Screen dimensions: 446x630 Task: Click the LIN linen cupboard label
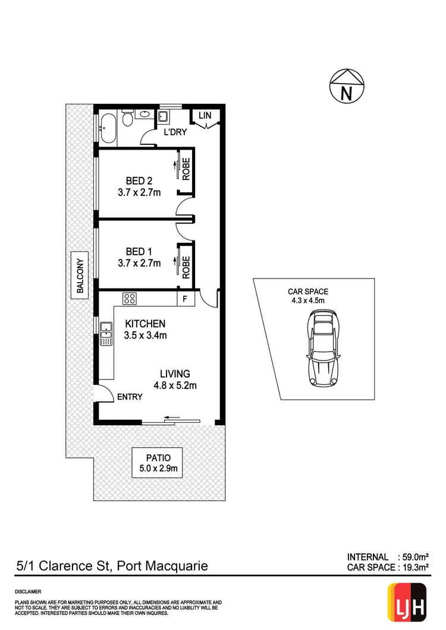click(x=205, y=116)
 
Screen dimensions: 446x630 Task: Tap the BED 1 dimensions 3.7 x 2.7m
click(x=139, y=263)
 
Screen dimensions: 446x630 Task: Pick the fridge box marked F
click(x=185, y=299)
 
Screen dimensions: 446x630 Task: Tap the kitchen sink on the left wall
click(x=106, y=334)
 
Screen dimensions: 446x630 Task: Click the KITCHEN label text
click(x=145, y=324)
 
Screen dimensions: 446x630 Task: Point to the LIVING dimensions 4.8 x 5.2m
click(x=175, y=385)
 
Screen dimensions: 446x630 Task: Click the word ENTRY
click(x=130, y=397)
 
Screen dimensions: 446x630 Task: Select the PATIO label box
click(x=158, y=463)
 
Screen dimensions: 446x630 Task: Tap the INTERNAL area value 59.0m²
click(x=414, y=557)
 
